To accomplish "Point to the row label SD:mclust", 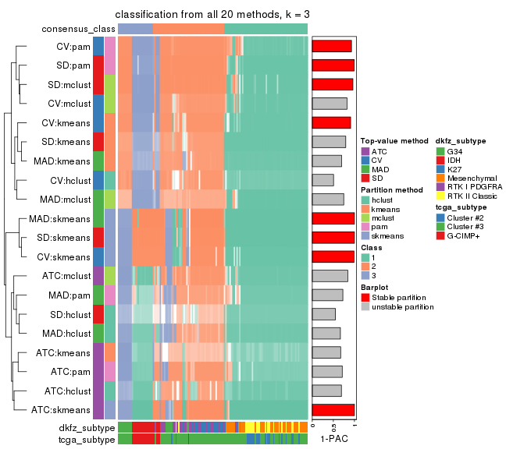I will [68, 84].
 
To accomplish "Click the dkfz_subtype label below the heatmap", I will [86, 428].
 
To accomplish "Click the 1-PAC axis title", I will [333, 440].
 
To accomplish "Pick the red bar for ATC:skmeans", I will [333, 409].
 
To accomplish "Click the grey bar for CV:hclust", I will [322, 180].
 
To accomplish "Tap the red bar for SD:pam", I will [333, 65].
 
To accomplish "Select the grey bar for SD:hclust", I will [323, 313].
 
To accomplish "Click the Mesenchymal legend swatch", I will [440, 178].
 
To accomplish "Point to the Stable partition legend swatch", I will [365, 297].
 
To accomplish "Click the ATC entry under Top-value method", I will [379, 150].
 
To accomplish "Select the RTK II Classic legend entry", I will [471, 196].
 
